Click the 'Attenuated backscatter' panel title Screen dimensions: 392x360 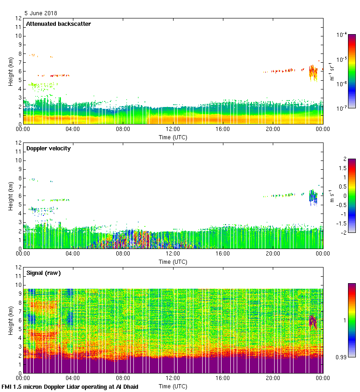coord(58,24)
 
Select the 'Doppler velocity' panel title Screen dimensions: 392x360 coord(48,148)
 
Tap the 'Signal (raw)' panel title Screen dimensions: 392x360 coord(43,273)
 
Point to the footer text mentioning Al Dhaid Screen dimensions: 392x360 coord(70,386)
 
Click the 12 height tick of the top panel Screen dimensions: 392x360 coord(19,18)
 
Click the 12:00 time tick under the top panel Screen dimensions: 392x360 coord(173,130)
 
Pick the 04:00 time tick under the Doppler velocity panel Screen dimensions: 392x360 coord(73,254)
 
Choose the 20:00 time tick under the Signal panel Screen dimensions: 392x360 coord(273,379)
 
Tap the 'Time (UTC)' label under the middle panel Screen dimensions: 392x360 coord(173,261)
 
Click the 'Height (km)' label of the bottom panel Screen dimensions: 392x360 coord(10,320)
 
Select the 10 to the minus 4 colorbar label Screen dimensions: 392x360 coord(342,35)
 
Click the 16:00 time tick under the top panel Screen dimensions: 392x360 coord(223,130)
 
